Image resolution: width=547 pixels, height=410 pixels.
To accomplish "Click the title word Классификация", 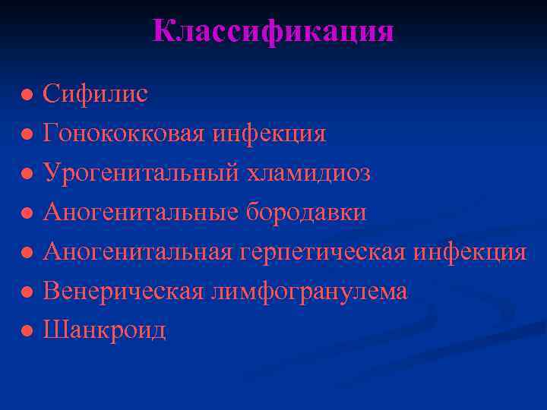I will (x=273, y=31).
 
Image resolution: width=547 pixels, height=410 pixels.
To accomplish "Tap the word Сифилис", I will (x=95, y=94).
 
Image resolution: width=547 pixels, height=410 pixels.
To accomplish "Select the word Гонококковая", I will (x=123, y=134).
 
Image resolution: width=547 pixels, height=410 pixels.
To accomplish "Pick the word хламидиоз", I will (x=308, y=173).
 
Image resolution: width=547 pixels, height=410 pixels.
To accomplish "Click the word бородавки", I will (x=305, y=213).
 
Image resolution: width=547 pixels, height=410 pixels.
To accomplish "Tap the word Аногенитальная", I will (x=137, y=252).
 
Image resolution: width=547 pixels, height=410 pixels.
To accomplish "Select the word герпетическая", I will (x=322, y=252).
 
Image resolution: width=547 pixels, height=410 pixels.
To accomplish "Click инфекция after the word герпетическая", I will (x=470, y=252).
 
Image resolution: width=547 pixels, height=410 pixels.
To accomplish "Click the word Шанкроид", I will (x=104, y=330).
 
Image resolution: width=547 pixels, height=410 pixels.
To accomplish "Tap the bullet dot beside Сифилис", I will (x=27, y=96).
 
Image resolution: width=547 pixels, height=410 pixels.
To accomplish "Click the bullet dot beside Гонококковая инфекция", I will (x=27, y=135).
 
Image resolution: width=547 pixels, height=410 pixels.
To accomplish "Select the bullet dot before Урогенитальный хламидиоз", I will (x=27, y=175).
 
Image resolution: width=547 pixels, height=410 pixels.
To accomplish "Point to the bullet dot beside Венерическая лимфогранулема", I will (x=27, y=292).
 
